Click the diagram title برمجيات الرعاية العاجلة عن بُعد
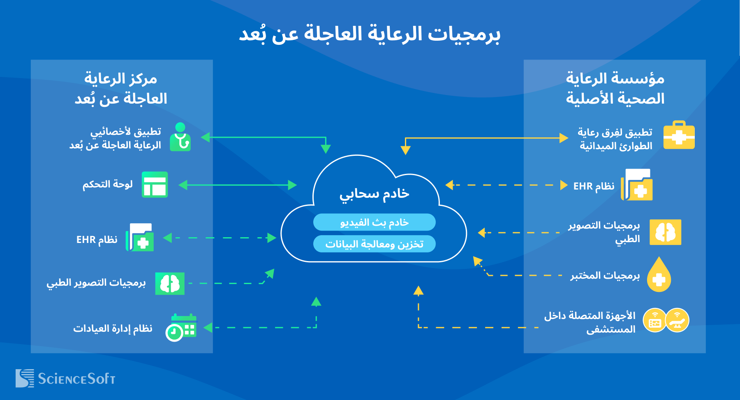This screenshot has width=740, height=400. coord(370,34)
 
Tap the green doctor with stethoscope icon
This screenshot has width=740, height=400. coord(180,137)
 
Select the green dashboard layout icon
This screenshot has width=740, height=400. coord(155,185)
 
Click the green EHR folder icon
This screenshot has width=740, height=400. coord(140,238)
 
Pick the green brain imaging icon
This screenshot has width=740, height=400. coord(169,283)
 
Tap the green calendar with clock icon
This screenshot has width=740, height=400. coord(181,328)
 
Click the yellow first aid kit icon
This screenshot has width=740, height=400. coord(679,135)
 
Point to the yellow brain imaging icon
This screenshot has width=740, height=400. coord(665,232)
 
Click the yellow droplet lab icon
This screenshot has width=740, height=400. coord(659,275)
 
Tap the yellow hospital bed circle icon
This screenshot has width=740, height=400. coord(677,320)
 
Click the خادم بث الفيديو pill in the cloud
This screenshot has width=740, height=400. coord(374,222)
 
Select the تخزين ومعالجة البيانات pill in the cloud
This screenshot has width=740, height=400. coord(374,244)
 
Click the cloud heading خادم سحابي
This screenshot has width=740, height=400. coord(374,194)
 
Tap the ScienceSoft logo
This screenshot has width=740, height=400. coord(65,378)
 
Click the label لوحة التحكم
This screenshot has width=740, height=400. coord(108,185)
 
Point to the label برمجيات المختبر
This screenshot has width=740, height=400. coord(605,275)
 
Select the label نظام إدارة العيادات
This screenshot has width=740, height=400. coord(113,328)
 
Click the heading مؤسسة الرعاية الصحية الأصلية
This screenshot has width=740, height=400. coord(615,88)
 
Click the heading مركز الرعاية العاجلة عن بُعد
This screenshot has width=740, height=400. coord(121,88)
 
